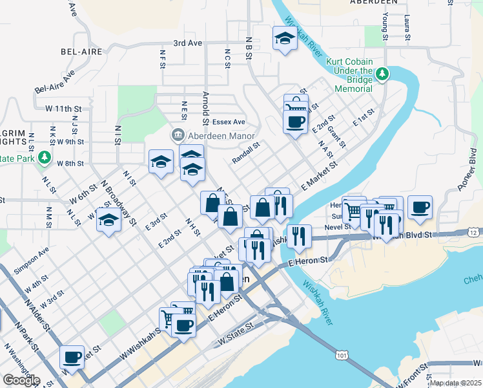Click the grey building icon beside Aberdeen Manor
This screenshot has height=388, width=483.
176,135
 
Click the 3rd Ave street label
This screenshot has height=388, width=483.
187,43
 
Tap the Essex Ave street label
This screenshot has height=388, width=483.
230,122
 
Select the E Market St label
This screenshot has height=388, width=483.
320,176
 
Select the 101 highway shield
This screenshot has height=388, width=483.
342,354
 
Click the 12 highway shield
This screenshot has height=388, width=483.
475,232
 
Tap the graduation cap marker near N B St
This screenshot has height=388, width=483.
284,39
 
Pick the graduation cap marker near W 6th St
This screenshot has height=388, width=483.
109,221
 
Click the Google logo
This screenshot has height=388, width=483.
21,380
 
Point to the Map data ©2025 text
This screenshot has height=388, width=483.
455,383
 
